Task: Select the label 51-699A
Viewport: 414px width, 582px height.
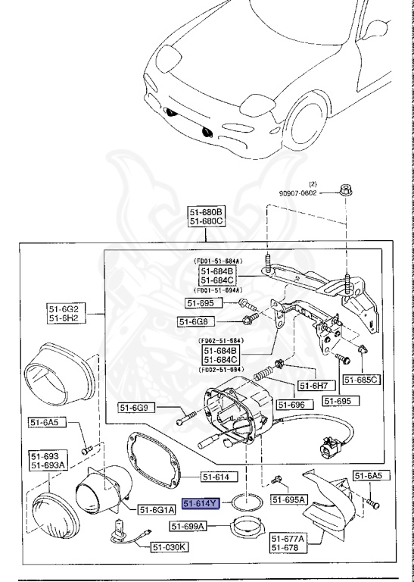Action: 188,526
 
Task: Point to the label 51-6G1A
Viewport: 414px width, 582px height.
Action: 156,510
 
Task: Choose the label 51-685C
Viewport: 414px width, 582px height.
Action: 361,379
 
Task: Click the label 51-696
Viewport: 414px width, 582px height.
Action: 291,405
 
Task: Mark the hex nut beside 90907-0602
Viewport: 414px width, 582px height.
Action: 345,188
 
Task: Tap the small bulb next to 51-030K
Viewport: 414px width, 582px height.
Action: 119,530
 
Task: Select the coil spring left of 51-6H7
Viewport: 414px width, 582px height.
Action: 263,374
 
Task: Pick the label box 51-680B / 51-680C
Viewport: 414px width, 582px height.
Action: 207,217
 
